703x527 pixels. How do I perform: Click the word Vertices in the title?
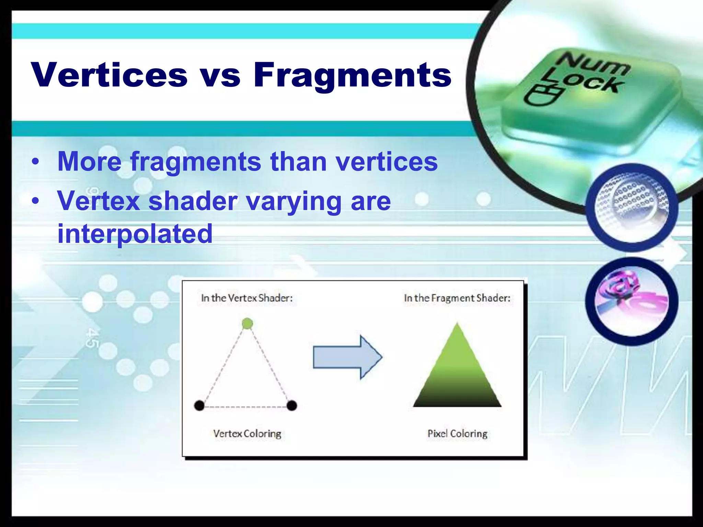(109, 75)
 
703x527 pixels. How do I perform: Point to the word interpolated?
(135, 234)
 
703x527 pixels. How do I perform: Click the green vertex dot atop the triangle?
(247, 323)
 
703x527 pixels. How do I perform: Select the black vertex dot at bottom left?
(199, 406)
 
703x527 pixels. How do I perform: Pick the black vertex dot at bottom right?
(292, 406)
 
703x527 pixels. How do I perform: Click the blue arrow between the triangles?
(347, 357)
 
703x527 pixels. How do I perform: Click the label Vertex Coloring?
(247, 434)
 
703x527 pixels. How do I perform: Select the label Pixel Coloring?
(457, 434)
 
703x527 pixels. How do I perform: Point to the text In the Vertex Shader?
(247, 298)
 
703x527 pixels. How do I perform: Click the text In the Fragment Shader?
(457, 298)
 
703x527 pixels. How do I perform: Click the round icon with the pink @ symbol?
(632, 301)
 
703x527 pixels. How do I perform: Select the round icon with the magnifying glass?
(632, 208)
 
